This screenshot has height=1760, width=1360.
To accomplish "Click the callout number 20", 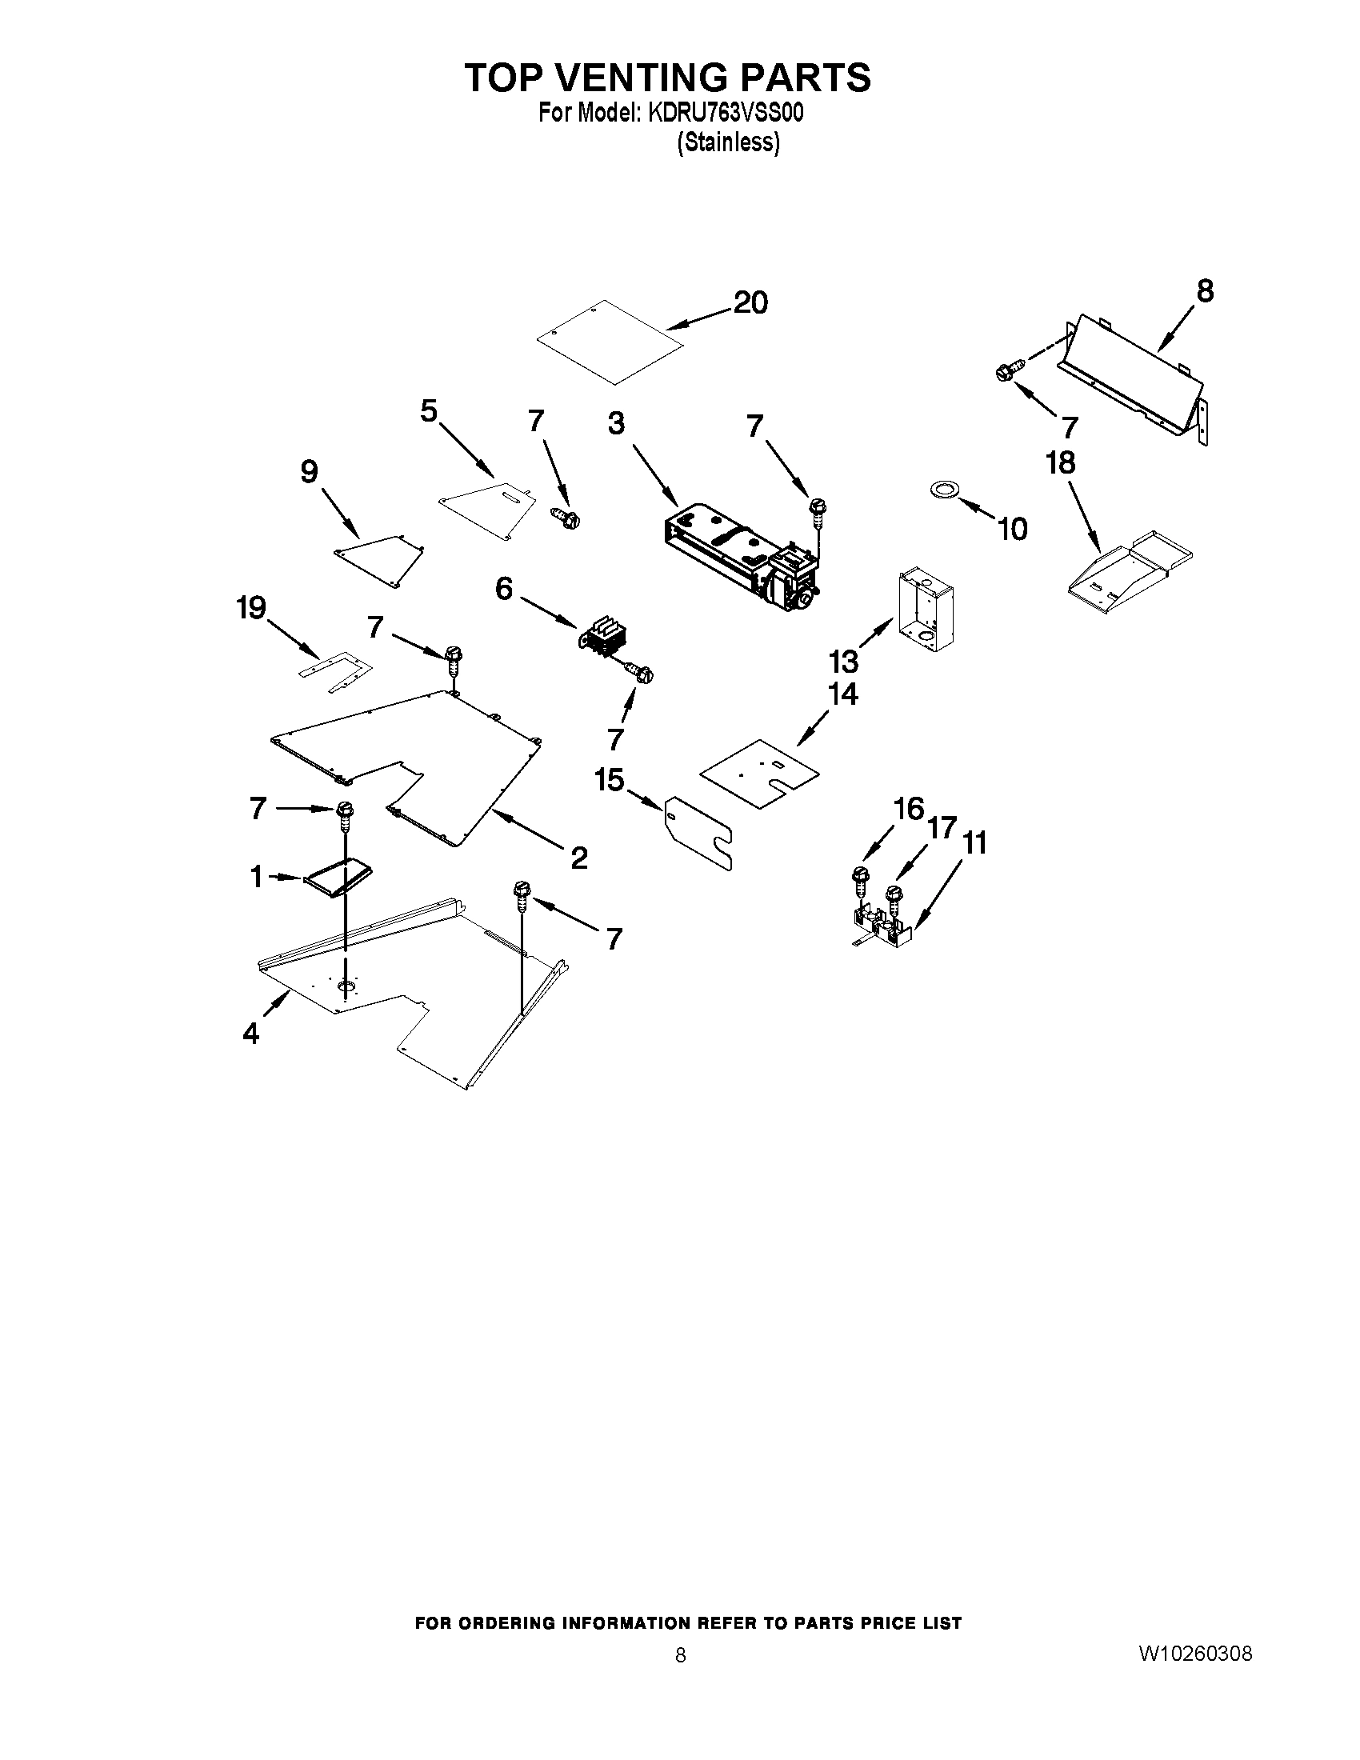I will click(x=750, y=303).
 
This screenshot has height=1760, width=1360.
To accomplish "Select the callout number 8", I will click(x=1204, y=291).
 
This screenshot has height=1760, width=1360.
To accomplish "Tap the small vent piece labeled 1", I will click(x=338, y=877).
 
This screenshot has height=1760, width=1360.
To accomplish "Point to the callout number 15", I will click(x=609, y=779).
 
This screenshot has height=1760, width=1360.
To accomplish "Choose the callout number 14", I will click(x=842, y=694).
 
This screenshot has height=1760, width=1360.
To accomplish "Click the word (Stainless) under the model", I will click(x=728, y=142).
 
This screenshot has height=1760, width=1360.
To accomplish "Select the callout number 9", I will click(x=309, y=471).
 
